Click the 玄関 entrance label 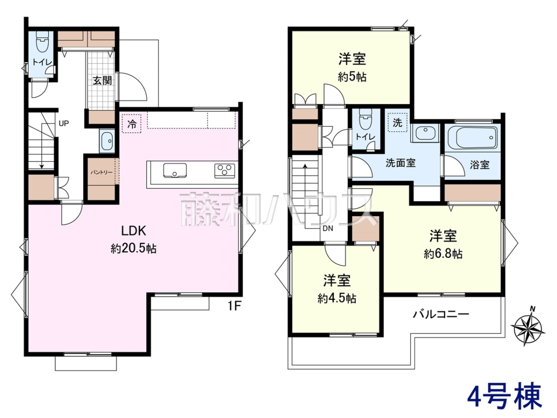click(x=102, y=81)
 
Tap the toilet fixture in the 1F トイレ click(x=42, y=41)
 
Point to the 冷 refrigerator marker click(x=132, y=124)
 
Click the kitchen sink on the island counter click(x=175, y=170)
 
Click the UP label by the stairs click(x=64, y=124)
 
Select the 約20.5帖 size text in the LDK click(x=134, y=248)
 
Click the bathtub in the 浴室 click(x=472, y=138)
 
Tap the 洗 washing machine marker click(x=397, y=123)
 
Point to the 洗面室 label click(x=401, y=163)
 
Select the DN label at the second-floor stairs click(x=328, y=229)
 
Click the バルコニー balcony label click(x=441, y=315)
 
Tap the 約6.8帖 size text click(x=443, y=254)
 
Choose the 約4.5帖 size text click(x=337, y=299)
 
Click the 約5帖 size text click(x=352, y=76)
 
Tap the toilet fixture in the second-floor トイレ click(x=366, y=119)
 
